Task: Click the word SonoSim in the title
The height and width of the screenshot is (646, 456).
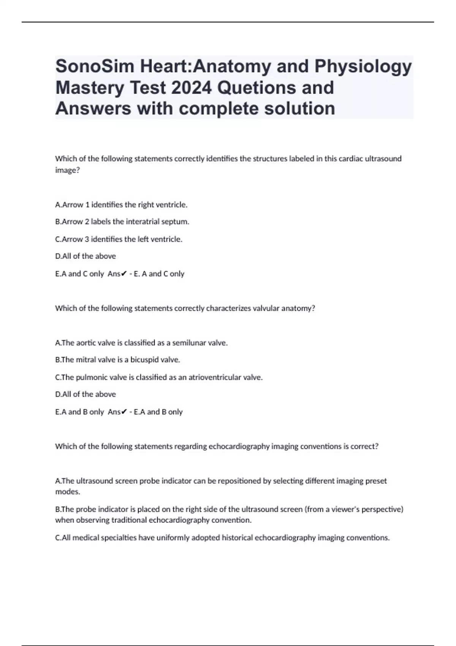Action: click(x=95, y=66)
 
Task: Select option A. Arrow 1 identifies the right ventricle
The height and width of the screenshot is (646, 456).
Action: click(x=121, y=205)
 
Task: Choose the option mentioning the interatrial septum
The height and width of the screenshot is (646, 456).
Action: click(x=122, y=222)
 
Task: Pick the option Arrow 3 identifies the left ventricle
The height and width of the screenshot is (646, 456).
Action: click(x=119, y=239)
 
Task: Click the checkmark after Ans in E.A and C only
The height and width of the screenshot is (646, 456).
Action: click(x=124, y=274)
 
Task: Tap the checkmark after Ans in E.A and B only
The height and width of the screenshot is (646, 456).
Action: click(x=124, y=412)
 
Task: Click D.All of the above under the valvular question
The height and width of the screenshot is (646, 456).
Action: click(x=85, y=394)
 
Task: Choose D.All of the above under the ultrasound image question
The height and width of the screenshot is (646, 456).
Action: click(x=85, y=256)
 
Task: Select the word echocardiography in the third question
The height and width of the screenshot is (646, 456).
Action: click(x=239, y=446)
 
